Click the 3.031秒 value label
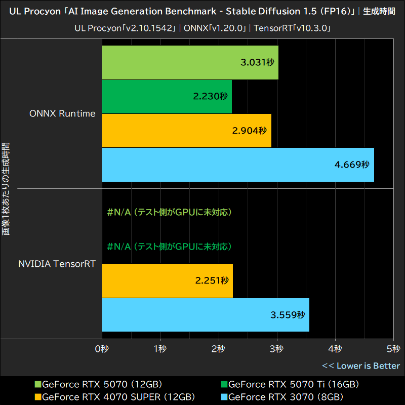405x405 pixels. click(257, 63)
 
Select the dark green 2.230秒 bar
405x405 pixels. click(167, 97)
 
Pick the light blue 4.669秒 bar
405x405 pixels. click(237, 165)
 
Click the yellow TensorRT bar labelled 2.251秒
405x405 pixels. click(167, 280)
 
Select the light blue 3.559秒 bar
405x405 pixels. click(205, 315)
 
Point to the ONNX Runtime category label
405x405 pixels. click(62, 113)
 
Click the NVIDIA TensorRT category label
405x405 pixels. click(57, 264)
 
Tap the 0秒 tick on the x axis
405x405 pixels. click(102, 349)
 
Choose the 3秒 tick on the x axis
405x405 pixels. click(277, 349)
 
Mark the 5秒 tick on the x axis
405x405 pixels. click(393, 349)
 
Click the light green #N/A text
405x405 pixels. click(170, 212)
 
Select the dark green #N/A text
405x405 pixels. click(170, 247)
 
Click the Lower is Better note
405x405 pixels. click(360, 366)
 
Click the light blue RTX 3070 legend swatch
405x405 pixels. click(224, 396)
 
